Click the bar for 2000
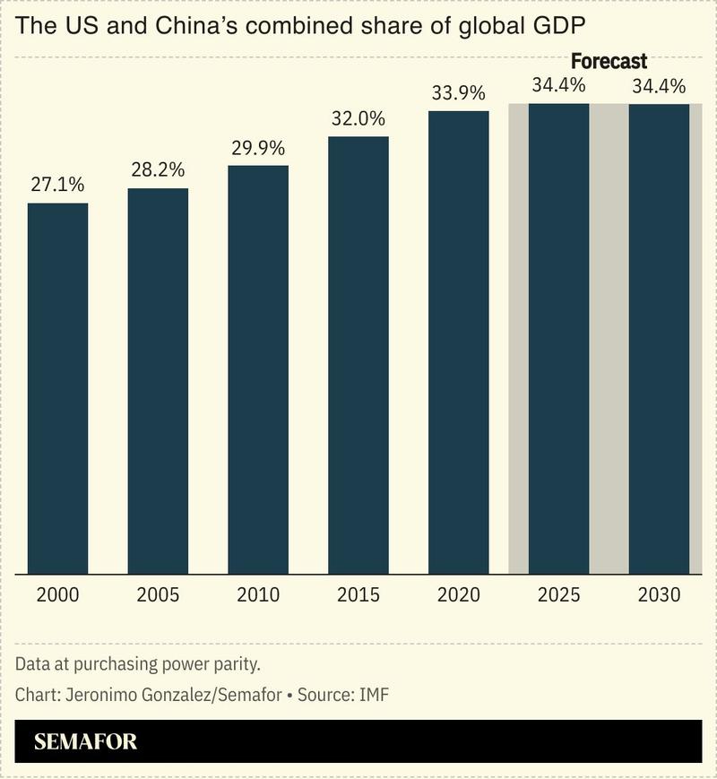57,387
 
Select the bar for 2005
158,380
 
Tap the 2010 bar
258,368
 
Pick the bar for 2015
358,354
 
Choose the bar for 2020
459,342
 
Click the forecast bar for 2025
559,338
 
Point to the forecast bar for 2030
659,338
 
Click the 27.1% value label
57,185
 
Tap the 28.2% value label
158,169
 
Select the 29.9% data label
258,147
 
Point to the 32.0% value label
358,118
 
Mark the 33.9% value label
459,92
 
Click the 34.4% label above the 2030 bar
659,87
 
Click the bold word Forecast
609,62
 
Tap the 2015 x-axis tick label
358,595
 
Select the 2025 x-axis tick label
559,595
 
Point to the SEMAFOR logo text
86,742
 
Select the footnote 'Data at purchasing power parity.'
137,665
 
